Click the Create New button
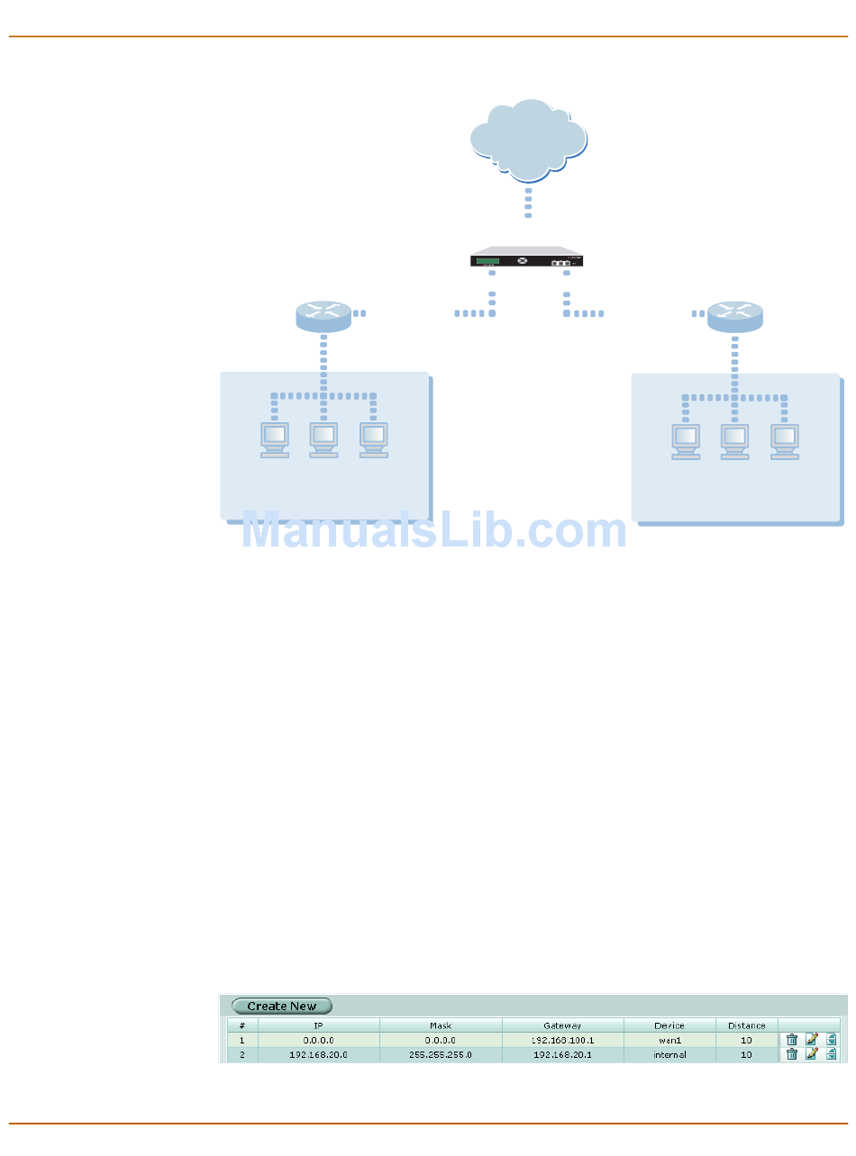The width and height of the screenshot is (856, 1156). [282, 1006]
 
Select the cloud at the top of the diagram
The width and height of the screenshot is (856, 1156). [529, 140]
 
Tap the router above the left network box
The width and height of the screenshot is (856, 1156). [323, 316]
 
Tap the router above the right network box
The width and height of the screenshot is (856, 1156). [735, 316]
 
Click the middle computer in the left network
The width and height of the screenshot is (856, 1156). [323, 439]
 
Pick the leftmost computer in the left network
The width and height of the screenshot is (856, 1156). [275, 439]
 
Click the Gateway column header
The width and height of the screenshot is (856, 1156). [562, 1025]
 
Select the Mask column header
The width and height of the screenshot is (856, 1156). [441, 1025]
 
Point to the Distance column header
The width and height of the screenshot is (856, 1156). [747, 1025]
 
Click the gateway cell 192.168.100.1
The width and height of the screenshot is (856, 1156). [562, 1039]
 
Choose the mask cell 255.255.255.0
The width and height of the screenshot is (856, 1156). [441, 1054]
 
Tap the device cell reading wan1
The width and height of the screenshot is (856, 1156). [669, 1039]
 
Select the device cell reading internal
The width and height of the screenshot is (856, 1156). [669, 1054]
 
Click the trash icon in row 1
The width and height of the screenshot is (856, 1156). [791, 1039]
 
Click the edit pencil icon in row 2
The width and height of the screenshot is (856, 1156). [811, 1054]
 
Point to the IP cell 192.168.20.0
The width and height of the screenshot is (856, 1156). [318, 1054]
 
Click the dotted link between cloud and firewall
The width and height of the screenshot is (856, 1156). [528, 203]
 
